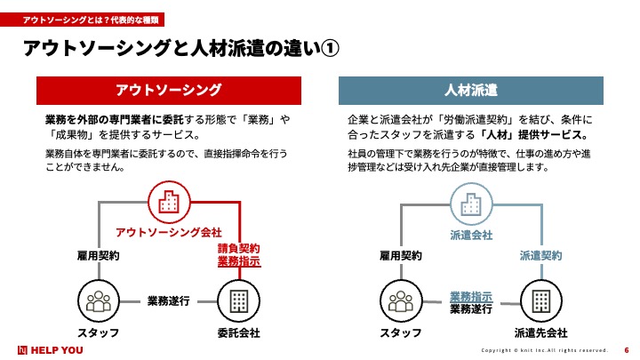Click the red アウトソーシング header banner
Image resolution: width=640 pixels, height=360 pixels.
click(x=169, y=90)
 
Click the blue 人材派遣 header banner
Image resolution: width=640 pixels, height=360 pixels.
click(x=470, y=90)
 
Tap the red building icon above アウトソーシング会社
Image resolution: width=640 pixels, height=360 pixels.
click(x=169, y=202)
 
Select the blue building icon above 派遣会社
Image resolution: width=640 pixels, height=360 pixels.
click(x=471, y=204)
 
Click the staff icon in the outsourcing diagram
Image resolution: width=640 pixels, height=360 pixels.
click(x=99, y=301)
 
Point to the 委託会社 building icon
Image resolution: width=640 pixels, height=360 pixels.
click(x=239, y=301)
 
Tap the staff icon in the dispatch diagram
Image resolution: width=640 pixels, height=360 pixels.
click(x=401, y=301)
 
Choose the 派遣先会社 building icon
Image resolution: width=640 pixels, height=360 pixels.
click(x=541, y=301)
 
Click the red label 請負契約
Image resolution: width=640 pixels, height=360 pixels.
click(x=239, y=248)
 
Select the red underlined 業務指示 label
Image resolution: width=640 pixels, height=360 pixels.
click(x=239, y=261)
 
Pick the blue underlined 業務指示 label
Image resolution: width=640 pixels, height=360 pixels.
click(x=471, y=297)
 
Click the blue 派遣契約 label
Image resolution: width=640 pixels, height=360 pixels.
click(x=540, y=256)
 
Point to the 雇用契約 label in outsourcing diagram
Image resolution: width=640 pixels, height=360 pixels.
click(x=99, y=256)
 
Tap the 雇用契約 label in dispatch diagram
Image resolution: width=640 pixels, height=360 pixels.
click(x=401, y=256)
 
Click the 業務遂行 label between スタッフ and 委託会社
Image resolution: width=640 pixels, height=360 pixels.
click(x=169, y=301)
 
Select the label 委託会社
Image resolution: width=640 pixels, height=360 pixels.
click(x=239, y=333)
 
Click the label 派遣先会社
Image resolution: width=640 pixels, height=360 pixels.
click(x=540, y=333)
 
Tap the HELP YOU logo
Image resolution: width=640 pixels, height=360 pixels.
click(x=50, y=350)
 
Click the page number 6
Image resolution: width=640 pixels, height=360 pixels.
click(x=627, y=350)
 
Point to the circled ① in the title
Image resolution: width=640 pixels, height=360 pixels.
click(x=330, y=49)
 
